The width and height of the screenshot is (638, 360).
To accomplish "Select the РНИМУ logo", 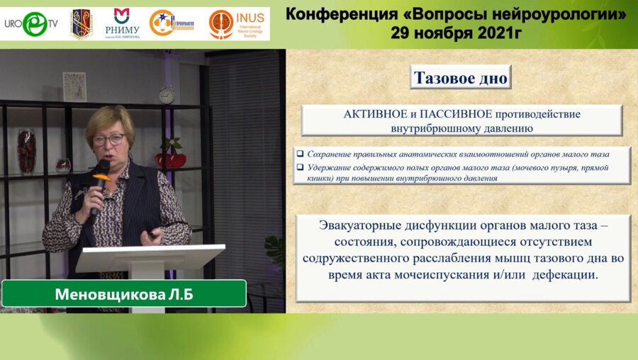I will (122, 23).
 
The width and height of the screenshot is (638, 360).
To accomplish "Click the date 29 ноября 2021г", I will (456, 31).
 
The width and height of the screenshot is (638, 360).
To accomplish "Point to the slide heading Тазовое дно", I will (461, 78).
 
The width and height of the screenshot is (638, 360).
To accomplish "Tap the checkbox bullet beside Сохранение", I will (301, 153).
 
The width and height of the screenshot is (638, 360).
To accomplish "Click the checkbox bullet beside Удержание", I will (301, 167).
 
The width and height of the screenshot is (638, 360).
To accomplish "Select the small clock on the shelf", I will (167, 94).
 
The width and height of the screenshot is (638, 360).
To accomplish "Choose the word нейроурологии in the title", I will (565, 14).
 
